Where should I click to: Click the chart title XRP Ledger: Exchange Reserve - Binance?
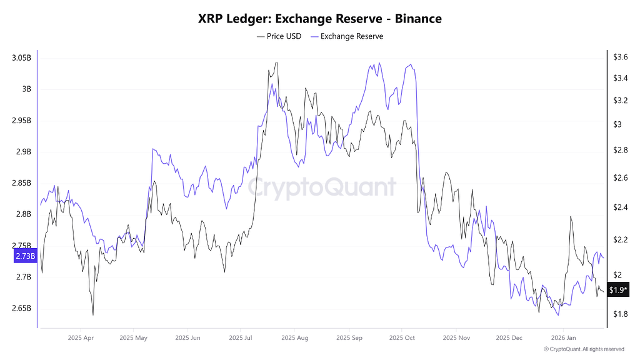pyautogui.click(x=320, y=19)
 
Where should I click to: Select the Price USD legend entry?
pyautogui.click(x=279, y=36)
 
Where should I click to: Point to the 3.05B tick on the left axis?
pyautogui.click(x=21, y=57)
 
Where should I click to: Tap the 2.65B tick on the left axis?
pyautogui.click(x=21, y=308)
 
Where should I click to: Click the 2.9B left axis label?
pyautogui.click(x=24, y=152)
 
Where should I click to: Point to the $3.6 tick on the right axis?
pyautogui.click(x=620, y=57)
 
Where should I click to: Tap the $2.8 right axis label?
pyautogui.click(x=620, y=150)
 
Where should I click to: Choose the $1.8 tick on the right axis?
pyautogui.click(x=620, y=314)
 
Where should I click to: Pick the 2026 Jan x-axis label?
pyautogui.click(x=562, y=337)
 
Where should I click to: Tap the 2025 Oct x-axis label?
pyautogui.click(x=402, y=337)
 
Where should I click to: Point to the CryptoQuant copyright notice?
pyautogui.click(x=584, y=349)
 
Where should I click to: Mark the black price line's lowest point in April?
pyautogui.click(x=93, y=314)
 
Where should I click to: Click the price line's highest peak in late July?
pyautogui.click(x=276, y=63)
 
